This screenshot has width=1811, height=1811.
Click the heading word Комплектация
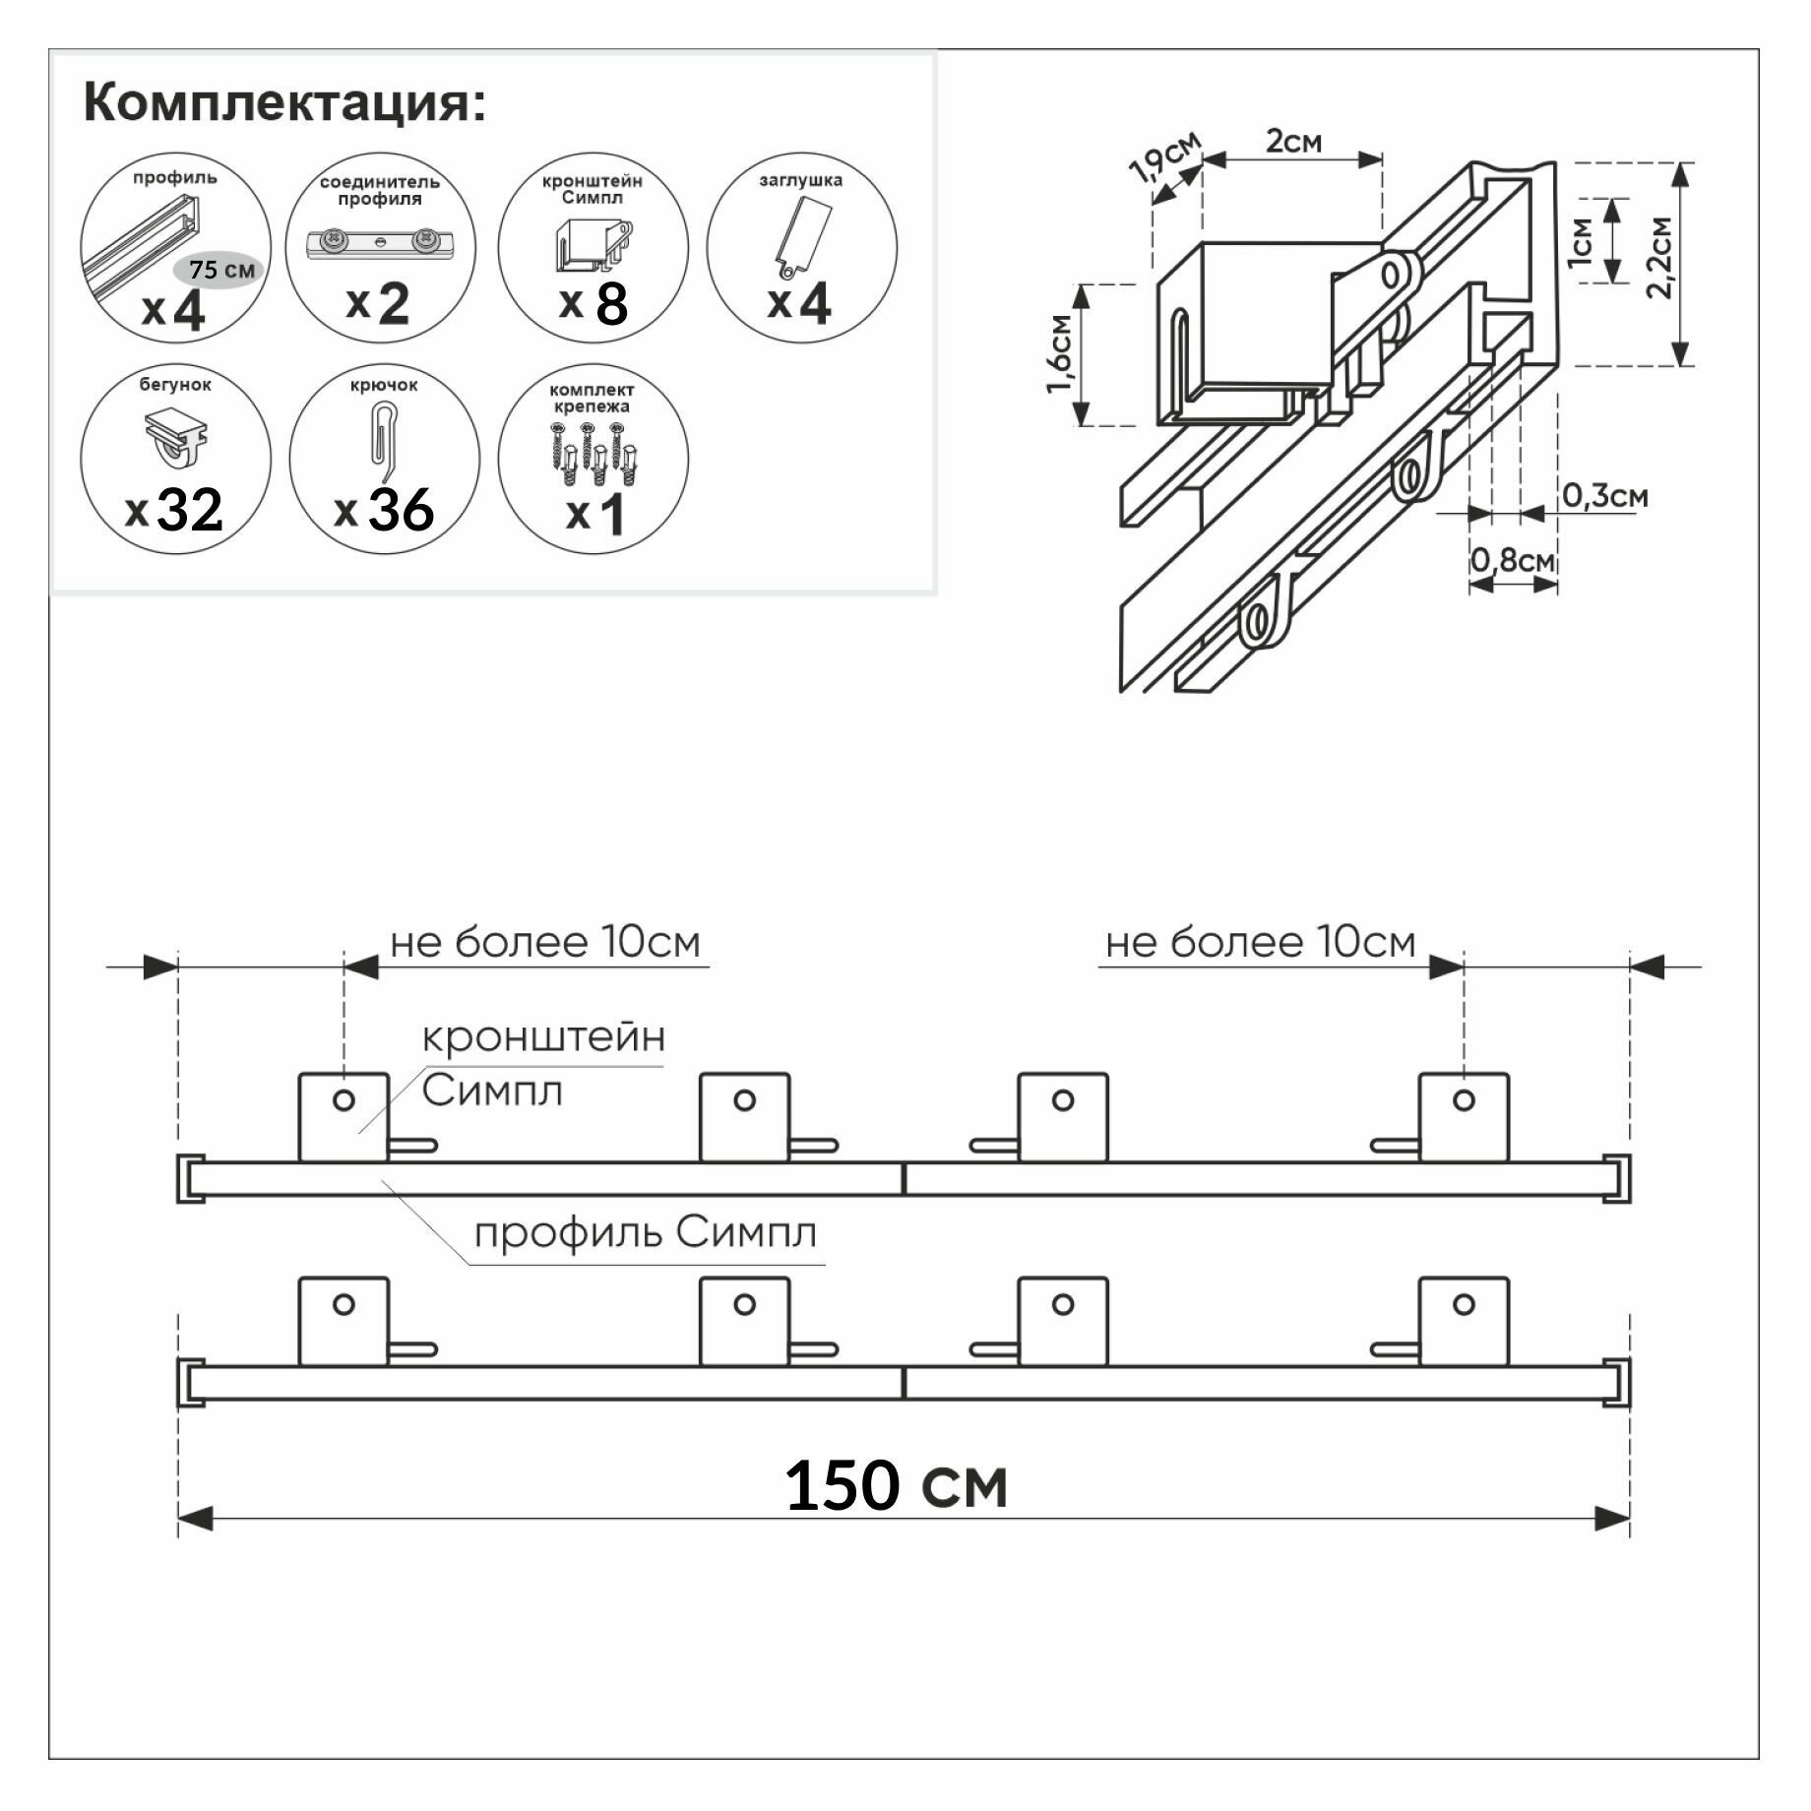284,102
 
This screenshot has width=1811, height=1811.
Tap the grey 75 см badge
220,269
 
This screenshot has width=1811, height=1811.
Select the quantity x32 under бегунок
175,510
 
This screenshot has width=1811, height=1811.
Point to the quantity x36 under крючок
385,510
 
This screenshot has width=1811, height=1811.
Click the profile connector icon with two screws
380,241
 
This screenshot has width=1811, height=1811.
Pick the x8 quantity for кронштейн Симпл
593,303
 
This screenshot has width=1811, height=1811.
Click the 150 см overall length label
896,1485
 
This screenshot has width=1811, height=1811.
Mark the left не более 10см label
544,943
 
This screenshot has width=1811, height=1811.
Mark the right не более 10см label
1260,943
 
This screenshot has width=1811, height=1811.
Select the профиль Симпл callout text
646,1232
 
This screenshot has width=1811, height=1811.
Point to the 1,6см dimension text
1060,353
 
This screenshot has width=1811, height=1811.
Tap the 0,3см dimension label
1604,496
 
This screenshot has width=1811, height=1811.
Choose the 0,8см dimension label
1513,561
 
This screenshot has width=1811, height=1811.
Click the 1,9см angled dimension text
1166,158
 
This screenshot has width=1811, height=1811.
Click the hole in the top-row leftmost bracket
343,1099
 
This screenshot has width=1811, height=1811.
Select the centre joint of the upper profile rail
904,1179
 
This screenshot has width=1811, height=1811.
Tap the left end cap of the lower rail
189,1384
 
